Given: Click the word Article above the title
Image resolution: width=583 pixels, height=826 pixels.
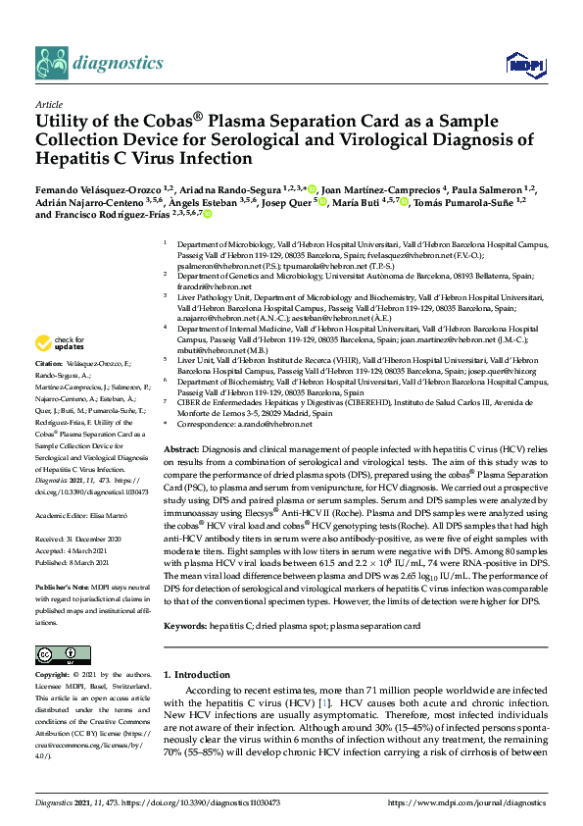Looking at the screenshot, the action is [48, 103].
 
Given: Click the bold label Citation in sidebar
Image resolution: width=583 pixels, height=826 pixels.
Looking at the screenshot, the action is [50, 362].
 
